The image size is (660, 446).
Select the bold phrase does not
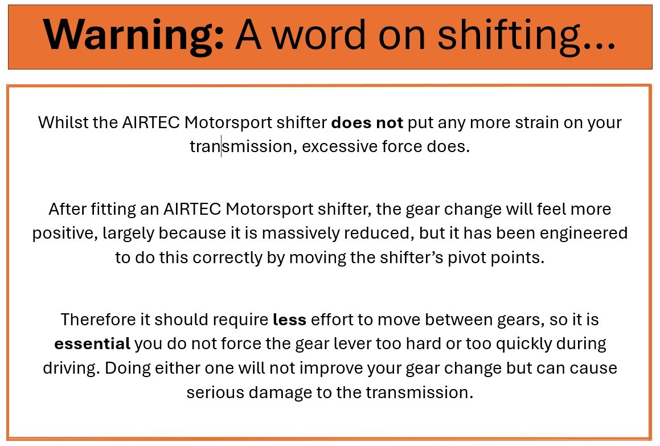pyautogui.click(x=367, y=122)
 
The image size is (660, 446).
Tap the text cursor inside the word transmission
pyautogui.click(x=221, y=146)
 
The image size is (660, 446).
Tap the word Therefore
pyautogui.click(x=99, y=320)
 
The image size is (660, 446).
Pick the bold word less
pyautogui.click(x=290, y=320)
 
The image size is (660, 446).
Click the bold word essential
pyautogui.click(x=92, y=344)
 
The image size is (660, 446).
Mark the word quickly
pyautogui.click(x=524, y=344)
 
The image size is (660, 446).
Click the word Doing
pyautogui.click(x=128, y=368)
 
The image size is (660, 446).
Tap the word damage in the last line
pyautogui.click(x=280, y=392)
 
